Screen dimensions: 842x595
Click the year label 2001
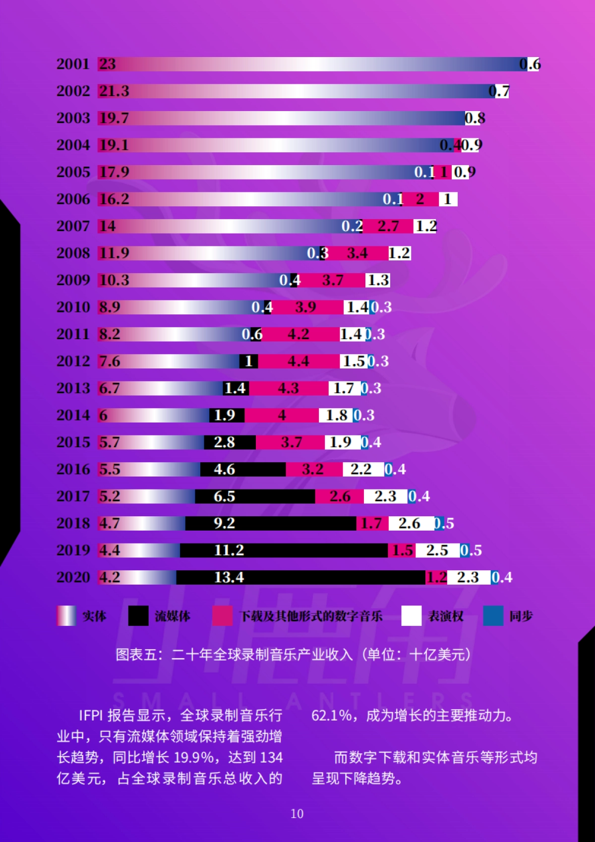tap(73, 64)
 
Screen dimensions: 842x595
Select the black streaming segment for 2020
tap(300, 577)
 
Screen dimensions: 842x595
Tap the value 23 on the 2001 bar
tap(107, 64)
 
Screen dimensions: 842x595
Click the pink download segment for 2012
tap(298, 361)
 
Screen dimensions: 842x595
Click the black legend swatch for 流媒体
tap(138, 616)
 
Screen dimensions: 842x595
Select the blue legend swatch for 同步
tap(493, 616)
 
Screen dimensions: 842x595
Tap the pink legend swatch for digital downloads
tap(222, 616)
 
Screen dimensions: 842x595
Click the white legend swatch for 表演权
tap(411, 616)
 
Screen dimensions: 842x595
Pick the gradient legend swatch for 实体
tap(66, 616)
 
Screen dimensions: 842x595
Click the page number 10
tap(297, 814)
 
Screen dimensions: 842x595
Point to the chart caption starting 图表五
tap(293, 655)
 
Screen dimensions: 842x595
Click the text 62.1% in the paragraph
tap(331, 716)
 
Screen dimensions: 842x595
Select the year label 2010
tap(73, 307)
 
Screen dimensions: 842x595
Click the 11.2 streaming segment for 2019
tap(284, 550)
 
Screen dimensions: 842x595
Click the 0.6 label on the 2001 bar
tap(530, 64)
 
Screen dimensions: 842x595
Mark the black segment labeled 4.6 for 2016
tap(243, 469)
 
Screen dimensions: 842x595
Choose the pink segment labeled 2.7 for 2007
tap(388, 226)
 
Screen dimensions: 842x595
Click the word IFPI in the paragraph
tap(91, 716)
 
